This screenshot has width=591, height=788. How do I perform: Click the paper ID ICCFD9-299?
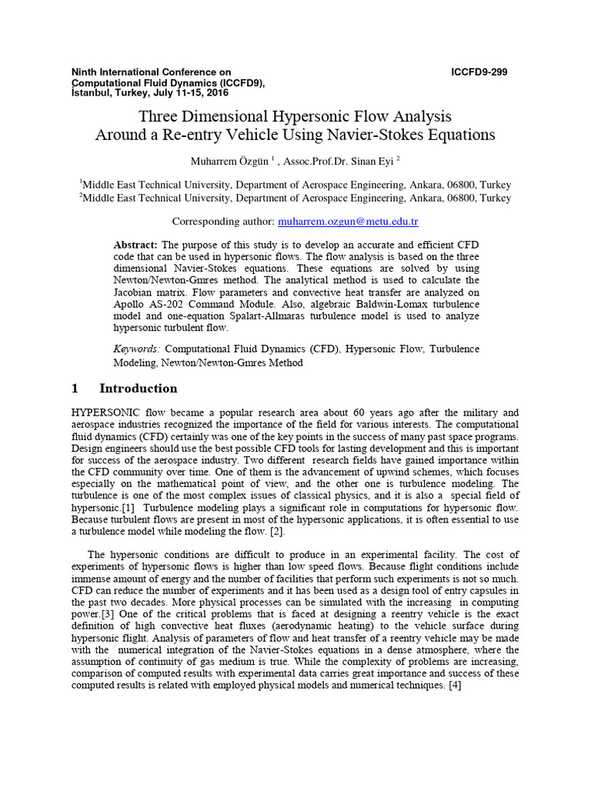coord(479,72)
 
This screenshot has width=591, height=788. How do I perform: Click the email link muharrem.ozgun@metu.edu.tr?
coord(348,222)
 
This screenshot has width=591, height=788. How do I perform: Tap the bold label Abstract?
coord(135,244)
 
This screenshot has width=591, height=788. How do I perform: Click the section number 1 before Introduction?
coord(75,388)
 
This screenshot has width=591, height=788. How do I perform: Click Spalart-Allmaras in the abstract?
coord(279,316)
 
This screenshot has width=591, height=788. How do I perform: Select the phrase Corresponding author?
coord(223,222)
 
